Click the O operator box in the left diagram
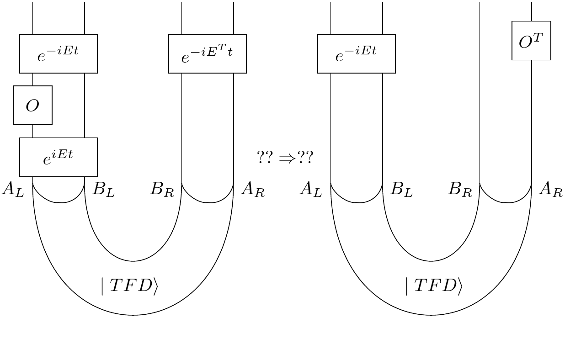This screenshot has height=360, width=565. pos(32,105)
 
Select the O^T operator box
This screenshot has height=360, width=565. pos(531,41)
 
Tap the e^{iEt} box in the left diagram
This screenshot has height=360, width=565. pos(59,157)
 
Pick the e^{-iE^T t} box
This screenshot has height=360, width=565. pos(208,53)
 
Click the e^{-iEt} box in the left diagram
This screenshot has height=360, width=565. pos(59,53)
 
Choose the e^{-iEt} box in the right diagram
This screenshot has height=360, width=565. pos(357,53)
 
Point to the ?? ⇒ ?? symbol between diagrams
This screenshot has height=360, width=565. pos(285,158)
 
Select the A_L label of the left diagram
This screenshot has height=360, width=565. pos(12,189)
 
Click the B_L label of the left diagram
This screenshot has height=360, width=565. pos(103,189)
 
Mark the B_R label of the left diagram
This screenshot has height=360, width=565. pos(162,189)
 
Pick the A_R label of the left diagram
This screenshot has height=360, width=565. pos(253,189)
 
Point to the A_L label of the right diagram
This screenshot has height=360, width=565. pos(311,189)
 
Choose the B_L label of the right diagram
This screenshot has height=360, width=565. pos(401,189)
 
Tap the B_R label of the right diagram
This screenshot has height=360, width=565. pos(460,189)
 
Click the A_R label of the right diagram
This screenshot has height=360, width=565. pos(550,189)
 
